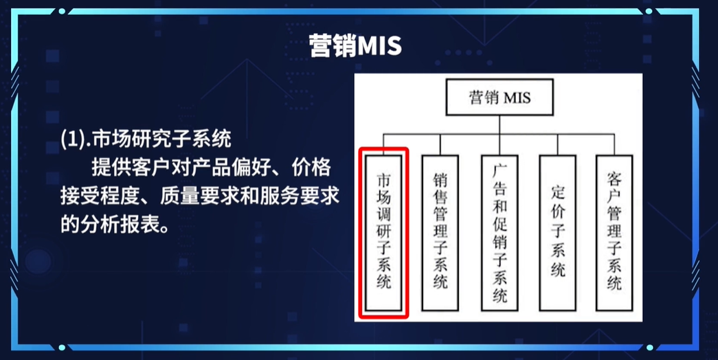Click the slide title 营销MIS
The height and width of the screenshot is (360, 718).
click(355, 46)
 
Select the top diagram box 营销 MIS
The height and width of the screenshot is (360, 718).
click(499, 98)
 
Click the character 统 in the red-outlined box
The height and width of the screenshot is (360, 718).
click(384, 281)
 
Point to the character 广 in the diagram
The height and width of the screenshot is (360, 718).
click(500, 169)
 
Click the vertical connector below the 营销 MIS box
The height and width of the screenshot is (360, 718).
click(499, 124)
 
